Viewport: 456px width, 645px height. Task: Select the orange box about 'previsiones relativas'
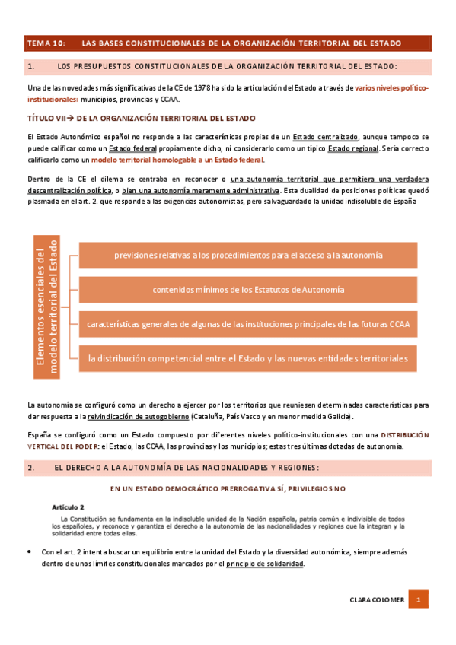pyautogui.click(x=247, y=255)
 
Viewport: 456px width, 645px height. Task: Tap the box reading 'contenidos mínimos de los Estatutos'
pyautogui.click(x=247, y=289)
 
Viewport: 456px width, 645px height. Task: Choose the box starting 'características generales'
pyautogui.click(x=247, y=323)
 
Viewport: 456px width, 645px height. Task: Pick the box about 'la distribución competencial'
pyautogui.click(x=247, y=357)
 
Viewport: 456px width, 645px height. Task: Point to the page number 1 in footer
pyautogui.click(x=418, y=600)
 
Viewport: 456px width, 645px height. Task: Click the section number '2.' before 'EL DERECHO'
pyautogui.click(x=31, y=468)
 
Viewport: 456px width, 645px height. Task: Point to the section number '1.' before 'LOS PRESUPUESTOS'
pyautogui.click(x=31, y=67)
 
